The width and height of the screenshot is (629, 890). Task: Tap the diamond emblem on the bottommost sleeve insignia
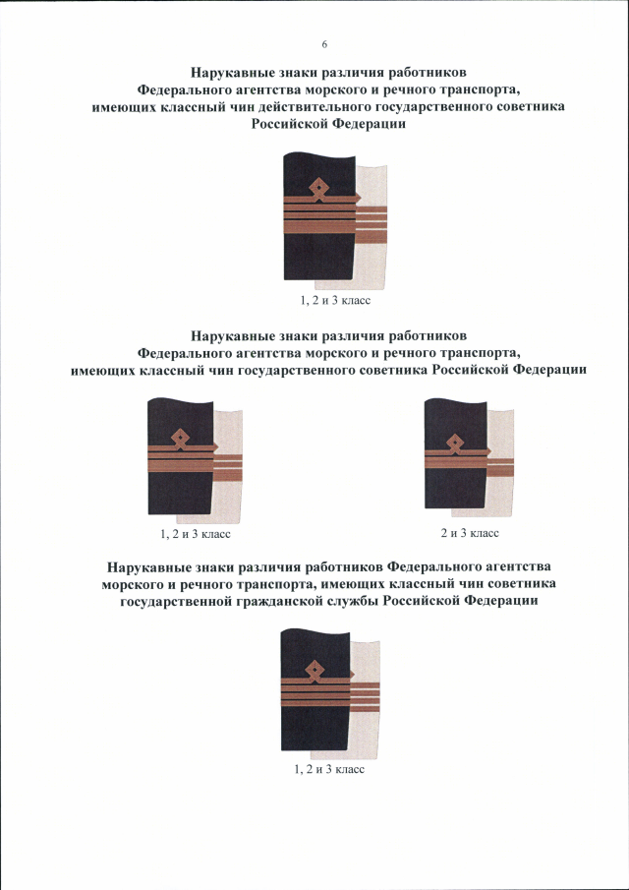click(314, 671)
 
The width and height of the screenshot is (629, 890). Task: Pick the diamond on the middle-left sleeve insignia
click(180, 437)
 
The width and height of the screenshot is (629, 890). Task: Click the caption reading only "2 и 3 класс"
click(470, 533)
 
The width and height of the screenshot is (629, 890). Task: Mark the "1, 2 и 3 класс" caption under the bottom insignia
click(329, 769)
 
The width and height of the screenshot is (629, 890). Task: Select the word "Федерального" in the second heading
click(189, 352)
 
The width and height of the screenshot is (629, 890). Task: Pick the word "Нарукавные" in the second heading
click(232, 335)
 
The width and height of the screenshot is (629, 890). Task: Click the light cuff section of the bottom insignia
click(369, 733)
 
